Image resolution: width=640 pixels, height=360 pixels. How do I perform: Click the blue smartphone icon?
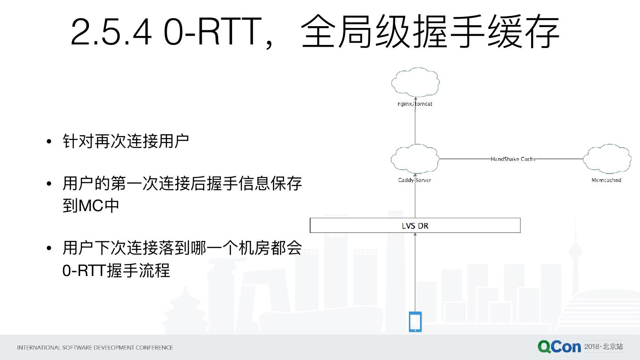pos(415,321)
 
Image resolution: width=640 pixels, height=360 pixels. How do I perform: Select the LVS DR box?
pos(415,225)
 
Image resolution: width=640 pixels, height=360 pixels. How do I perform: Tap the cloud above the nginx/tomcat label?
pos(416,82)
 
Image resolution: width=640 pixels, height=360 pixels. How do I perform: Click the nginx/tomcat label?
pos(415,104)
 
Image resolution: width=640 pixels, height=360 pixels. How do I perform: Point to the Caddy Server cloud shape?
pos(415,159)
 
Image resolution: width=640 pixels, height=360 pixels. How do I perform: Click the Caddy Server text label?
pos(415,180)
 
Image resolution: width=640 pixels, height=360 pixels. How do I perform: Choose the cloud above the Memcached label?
pos(607,159)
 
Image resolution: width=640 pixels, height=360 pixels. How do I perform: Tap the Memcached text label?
pos(606,180)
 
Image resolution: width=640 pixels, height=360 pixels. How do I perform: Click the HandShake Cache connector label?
pos(513,159)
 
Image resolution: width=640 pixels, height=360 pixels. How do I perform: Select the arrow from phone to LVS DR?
pos(415,271)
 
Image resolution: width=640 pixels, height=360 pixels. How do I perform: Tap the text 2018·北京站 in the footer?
pos(604,347)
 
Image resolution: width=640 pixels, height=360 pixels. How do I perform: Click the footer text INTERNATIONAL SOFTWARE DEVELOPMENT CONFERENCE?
pos(95,348)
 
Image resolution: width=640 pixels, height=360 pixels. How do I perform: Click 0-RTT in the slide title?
pos(212,32)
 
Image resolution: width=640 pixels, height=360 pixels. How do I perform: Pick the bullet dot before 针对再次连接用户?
pos(49,142)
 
